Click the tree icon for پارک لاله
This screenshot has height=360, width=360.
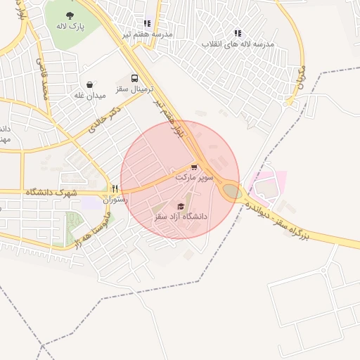[x=70, y=15]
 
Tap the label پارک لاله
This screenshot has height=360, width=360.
[x=70, y=26]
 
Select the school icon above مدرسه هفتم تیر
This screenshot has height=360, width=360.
[x=147, y=23]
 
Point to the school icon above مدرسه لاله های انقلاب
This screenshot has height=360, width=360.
[x=238, y=33]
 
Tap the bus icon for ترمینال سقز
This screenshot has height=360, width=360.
[x=134, y=79]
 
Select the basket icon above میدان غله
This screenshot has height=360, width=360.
[x=90, y=84]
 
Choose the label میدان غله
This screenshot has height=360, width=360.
[x=90, y=94]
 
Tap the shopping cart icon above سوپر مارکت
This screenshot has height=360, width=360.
[x=193, y=167]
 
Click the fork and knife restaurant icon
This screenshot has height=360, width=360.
[x=115, y=189]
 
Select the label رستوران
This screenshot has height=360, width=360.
[x=115, y=199]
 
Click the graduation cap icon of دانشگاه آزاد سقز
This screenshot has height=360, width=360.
[x=181, y=206]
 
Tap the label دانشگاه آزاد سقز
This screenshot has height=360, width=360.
[x=181, y=217]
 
